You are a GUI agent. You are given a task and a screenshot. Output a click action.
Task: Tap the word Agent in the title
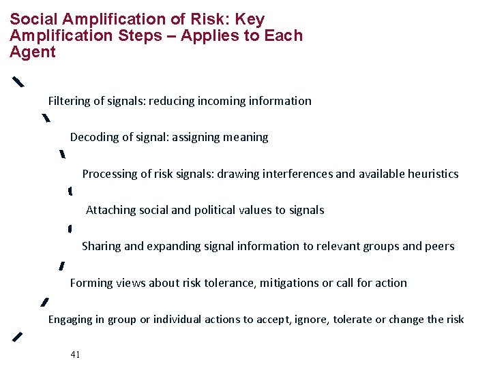tap(33, 52)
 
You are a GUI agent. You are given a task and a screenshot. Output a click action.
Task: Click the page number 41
tap(75, 354)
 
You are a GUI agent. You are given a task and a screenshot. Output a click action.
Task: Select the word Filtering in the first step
tap(68, 102)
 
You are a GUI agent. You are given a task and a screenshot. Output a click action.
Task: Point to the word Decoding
tap(95, 138)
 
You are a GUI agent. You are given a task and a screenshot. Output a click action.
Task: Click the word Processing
tap(110, 174)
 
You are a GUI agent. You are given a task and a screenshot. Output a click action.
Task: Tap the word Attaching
tap(110, 211)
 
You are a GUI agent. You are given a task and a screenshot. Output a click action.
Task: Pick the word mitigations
tap(291, 283)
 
